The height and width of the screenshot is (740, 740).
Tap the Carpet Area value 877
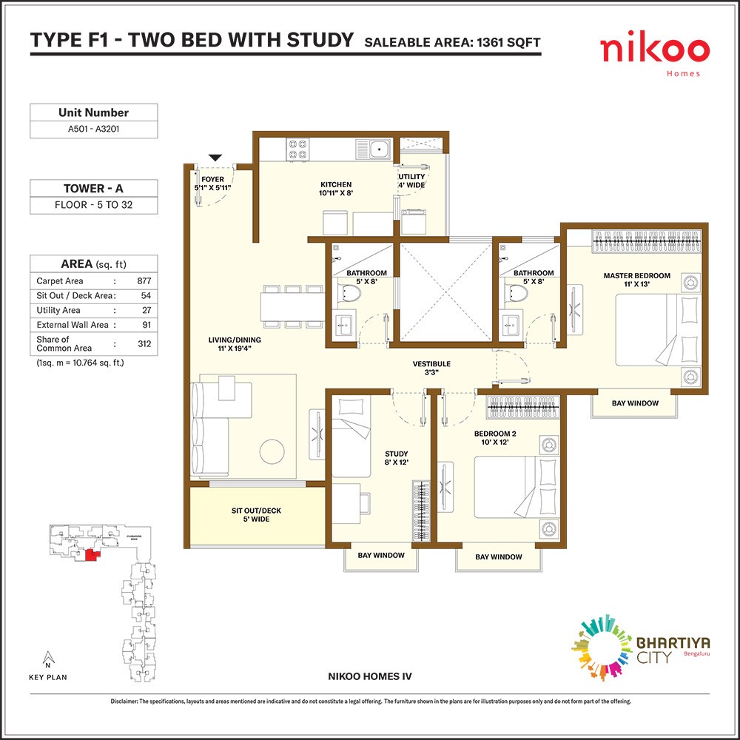[x=144, y=280]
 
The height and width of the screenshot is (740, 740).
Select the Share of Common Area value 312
[x=144, y=343]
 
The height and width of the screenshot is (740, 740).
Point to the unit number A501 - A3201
[x=93, y=128]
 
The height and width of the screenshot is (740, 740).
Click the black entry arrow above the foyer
[x=215, y=158]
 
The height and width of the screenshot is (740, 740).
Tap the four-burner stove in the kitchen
[x=297, y=148]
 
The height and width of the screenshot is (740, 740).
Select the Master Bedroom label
[x=636, y=280]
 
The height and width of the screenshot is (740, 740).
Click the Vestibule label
[x=431, y=368]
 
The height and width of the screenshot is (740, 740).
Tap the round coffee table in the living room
[x=272, y=451]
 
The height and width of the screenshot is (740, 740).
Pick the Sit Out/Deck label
[x=256, y=514]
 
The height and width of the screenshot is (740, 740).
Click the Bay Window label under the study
[x=381, y=555]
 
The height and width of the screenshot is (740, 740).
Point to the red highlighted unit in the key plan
[x=92, y=555]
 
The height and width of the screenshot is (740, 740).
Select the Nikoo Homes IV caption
[x=370, y=676]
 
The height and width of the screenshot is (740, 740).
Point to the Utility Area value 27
[x=147, y=310]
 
